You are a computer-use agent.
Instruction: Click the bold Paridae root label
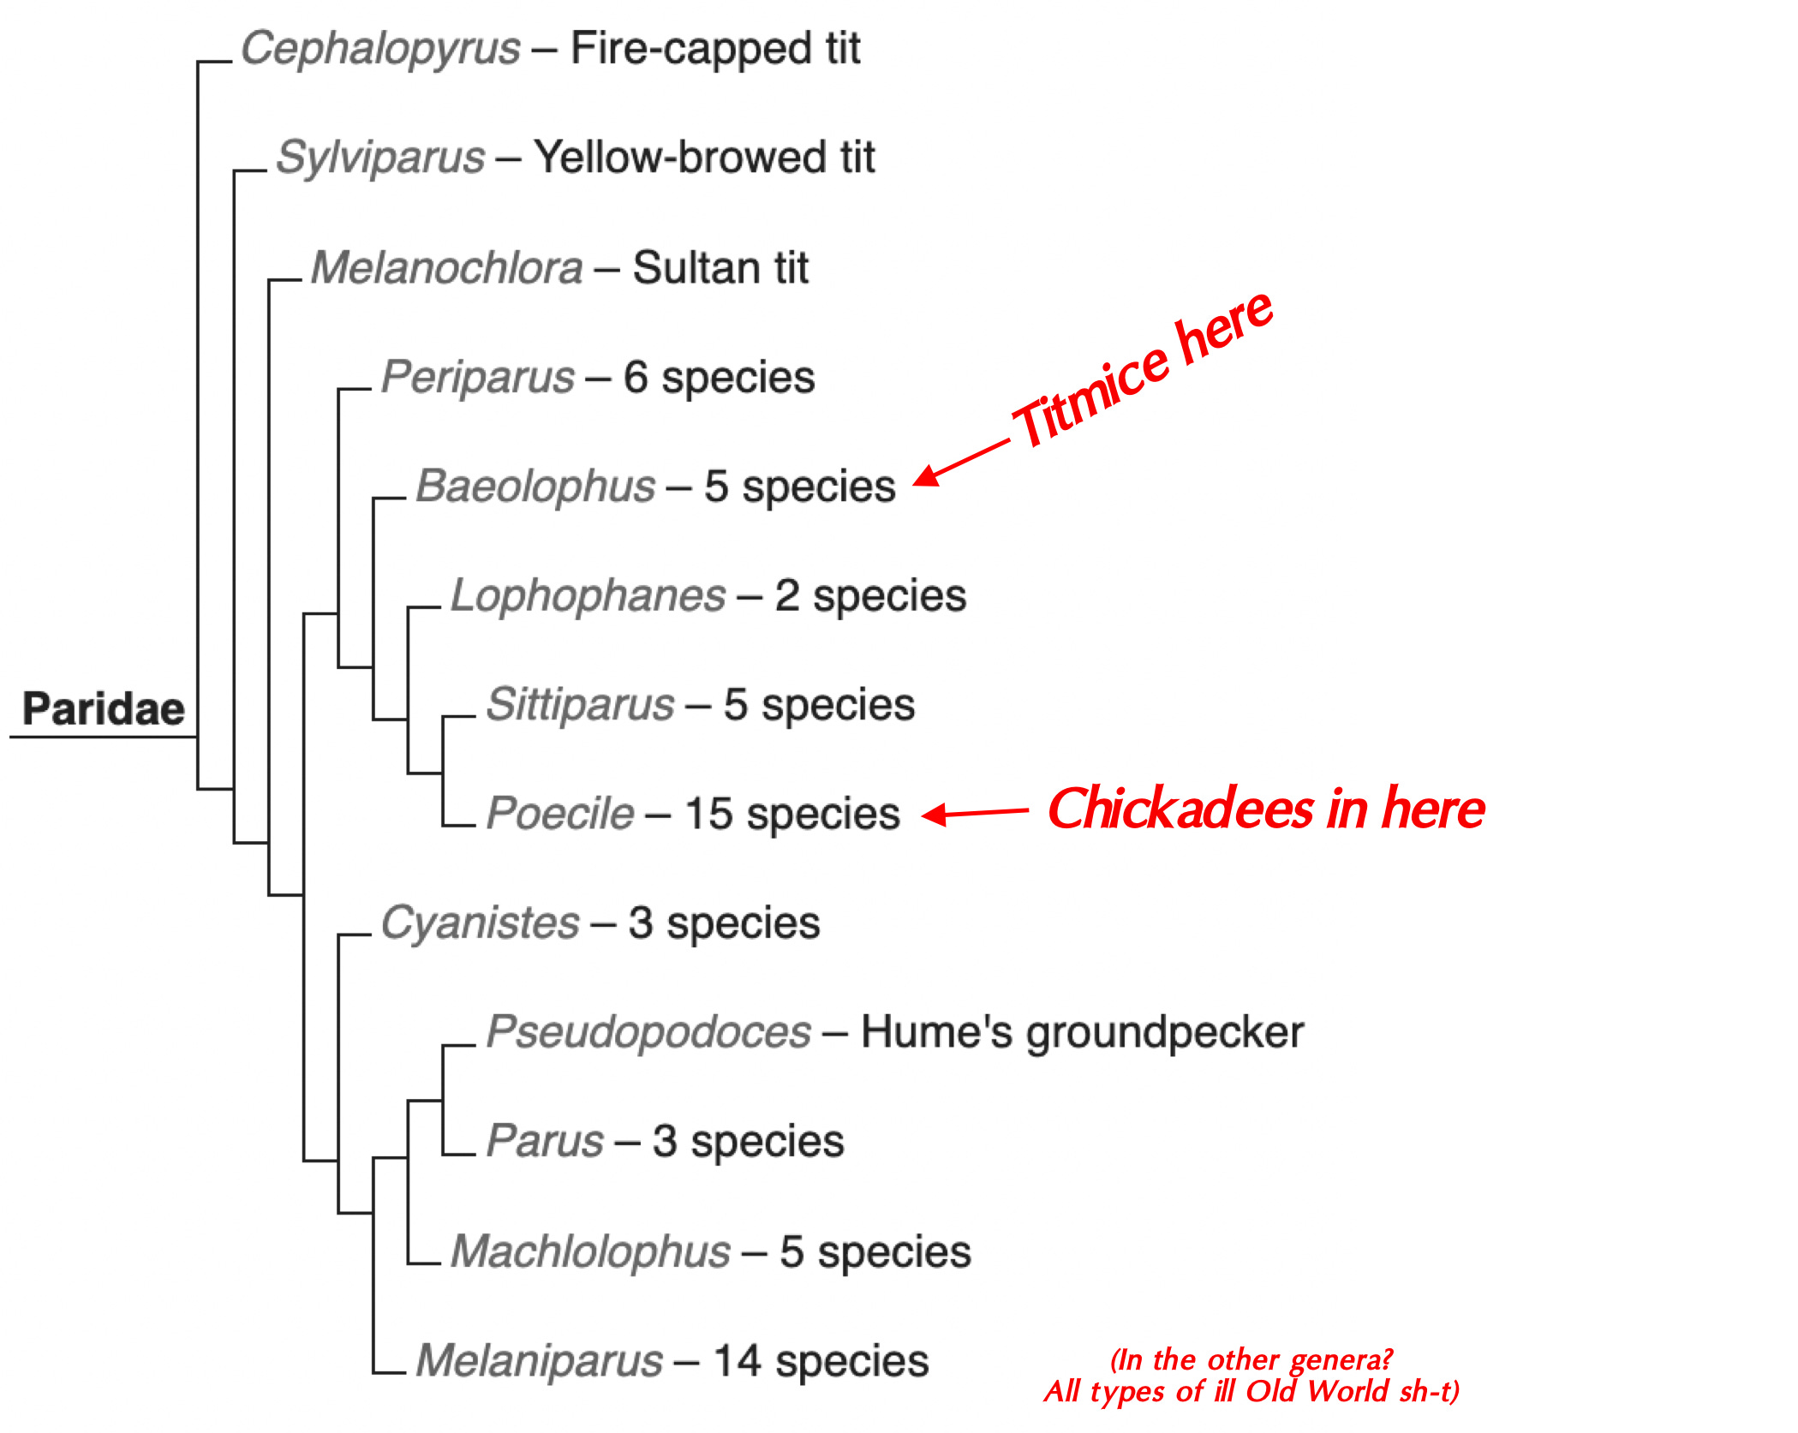coord(104,709)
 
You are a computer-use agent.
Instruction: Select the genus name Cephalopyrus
coord(380,49)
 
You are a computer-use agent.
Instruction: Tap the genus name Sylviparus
coord(380,158)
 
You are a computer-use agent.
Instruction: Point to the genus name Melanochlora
coord(446,268)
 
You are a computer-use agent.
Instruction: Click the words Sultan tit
coord(720,268)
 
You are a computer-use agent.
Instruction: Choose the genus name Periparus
coord(477,378)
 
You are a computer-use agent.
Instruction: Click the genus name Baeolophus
coord(535,487)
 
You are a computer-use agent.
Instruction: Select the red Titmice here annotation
coord(1142,370)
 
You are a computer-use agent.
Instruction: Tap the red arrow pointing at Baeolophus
coord(959,463)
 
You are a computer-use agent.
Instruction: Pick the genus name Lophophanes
coord(588,596)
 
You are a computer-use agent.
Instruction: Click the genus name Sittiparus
coord(580,705)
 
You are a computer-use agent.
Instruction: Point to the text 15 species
coord(792,814)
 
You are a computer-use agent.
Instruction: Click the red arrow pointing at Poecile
coord(974,813)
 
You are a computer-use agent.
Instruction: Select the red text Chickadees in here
coord(1266,809)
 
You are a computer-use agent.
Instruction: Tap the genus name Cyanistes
coord(480,923)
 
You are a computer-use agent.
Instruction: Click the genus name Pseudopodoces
coord(648,1032)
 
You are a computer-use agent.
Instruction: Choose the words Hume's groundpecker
coord(1082,1032)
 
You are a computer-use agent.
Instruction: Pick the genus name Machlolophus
coord(590,1251)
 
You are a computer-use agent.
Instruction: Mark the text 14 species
coord(821,1361)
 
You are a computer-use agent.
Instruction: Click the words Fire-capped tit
coord(715,49)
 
